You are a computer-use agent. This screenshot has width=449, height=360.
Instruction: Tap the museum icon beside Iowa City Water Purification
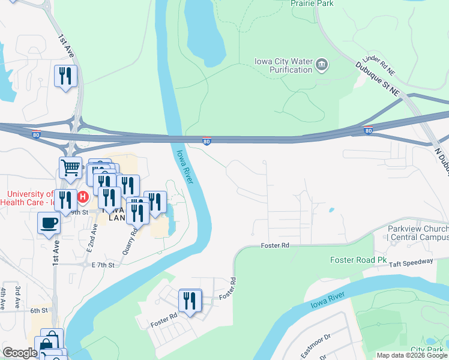(322, 65)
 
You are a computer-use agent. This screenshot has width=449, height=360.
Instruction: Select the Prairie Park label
(312, 4)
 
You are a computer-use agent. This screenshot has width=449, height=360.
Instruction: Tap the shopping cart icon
(70, 167)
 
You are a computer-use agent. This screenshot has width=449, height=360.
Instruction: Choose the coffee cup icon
(49, 223)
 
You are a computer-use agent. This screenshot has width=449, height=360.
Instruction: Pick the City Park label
(427, 349)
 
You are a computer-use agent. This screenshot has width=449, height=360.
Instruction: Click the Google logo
(20, 353)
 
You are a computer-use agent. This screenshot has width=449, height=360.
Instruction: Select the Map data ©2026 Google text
(412, 355)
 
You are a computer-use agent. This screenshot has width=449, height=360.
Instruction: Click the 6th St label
(39, 310)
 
